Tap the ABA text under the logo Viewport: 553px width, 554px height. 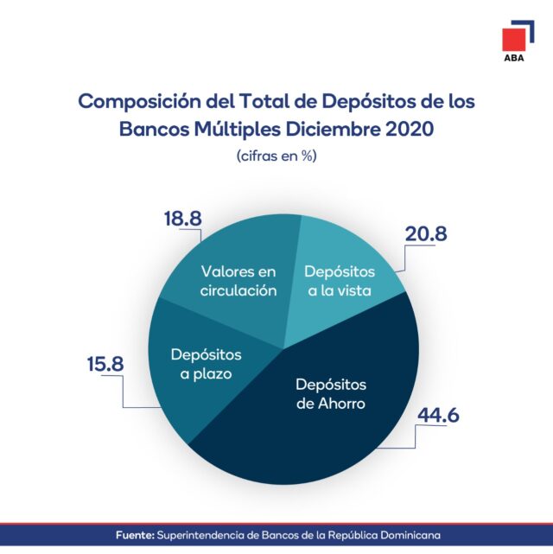click(514, 60)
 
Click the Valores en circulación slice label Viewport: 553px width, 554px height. click(238, 281)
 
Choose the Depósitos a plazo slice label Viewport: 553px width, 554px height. click(206, 364)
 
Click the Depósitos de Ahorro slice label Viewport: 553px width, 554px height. click(331, 393)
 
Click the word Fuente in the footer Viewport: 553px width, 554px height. click(135, 536)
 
